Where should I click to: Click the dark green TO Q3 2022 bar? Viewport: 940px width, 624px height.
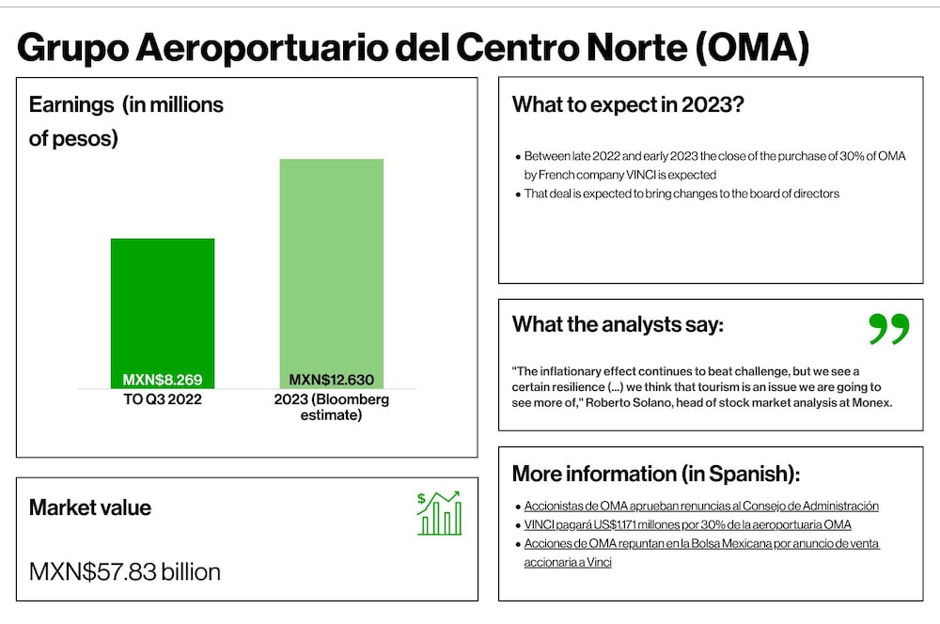coord(163,314)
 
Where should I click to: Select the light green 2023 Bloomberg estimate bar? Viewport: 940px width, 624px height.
coord(332,273)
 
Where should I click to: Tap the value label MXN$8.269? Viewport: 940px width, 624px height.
coord(163,380)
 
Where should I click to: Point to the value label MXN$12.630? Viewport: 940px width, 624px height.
coord(332,380)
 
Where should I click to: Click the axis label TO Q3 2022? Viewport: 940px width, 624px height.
coord(163,399)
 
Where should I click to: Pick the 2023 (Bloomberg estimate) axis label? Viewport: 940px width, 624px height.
coord(332,407)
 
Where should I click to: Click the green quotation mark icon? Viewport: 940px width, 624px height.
coord(889,329)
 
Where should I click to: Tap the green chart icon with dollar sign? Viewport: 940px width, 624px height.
coord(439,513)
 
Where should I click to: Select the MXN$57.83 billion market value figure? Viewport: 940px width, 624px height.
coord(125,572)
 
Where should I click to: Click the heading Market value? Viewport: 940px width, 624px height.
coord(90,507)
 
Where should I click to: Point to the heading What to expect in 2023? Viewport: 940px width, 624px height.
coord(628,105)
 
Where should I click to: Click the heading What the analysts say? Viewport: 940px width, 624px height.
coord(618,324)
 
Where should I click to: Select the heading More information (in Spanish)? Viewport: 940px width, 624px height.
coord(656,474)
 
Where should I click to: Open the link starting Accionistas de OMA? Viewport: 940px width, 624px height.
coord(701,506)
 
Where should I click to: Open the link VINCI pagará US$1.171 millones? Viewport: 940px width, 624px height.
coord(688,524)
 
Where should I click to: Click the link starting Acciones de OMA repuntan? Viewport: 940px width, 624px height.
coord(701,553)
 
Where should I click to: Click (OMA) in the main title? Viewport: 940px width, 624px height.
coord(752,47)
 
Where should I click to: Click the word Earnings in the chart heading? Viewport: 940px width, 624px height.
coord(71,105)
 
